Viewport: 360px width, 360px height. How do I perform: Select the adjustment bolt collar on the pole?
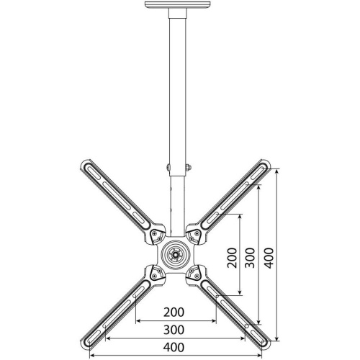(x=177, y=169)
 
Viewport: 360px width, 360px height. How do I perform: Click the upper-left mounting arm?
(x=115, y=196)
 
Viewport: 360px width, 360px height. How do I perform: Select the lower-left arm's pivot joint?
(x=154, y=274)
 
